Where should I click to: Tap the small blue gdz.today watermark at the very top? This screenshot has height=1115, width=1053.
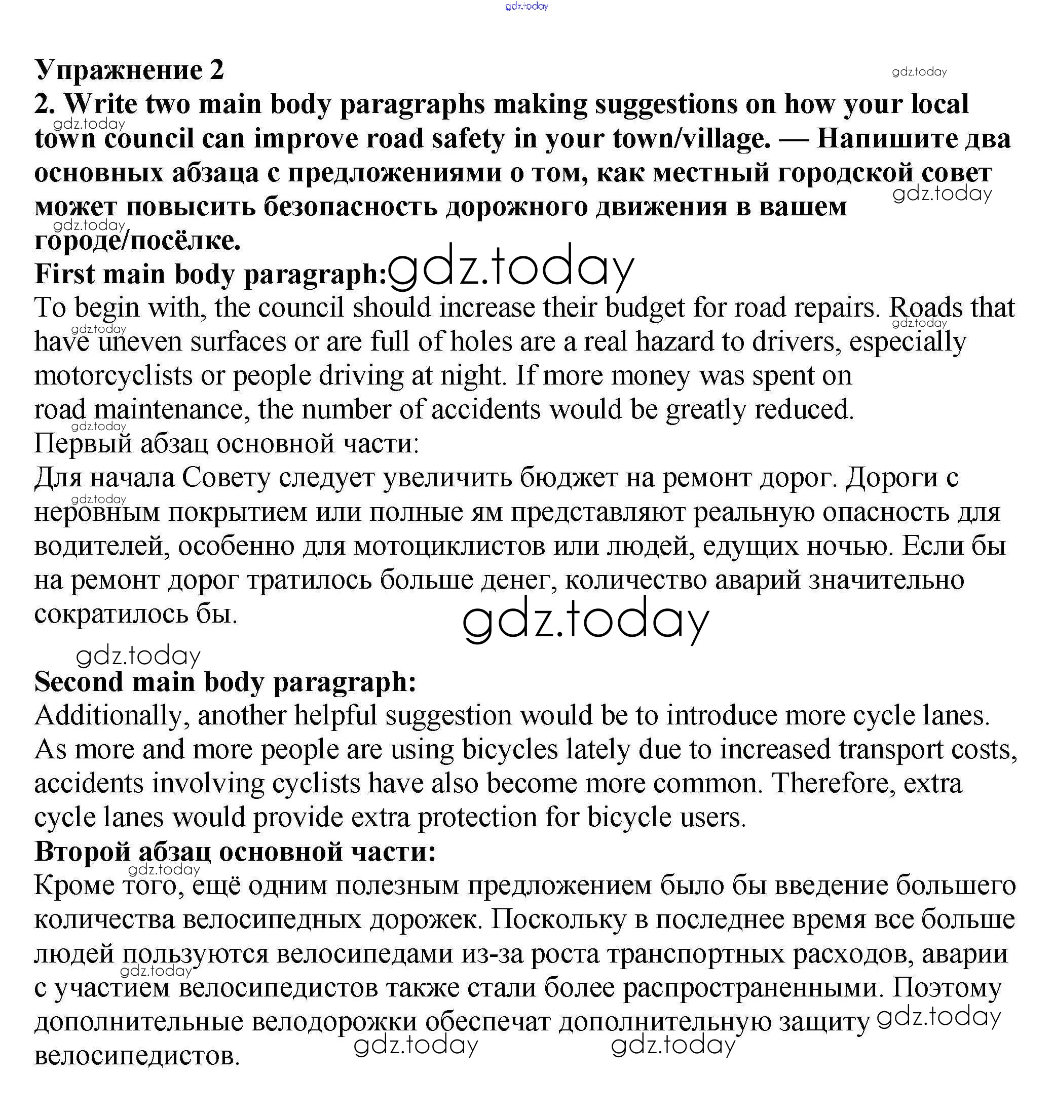(x=526, y=6)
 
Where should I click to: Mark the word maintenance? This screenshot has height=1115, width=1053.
(x=168, y=410)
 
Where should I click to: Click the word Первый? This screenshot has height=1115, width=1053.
(x=83, y=444)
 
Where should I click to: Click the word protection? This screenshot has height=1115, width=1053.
(x=477, y=818)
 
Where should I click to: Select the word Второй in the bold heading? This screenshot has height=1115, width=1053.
(x=82, y=852)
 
